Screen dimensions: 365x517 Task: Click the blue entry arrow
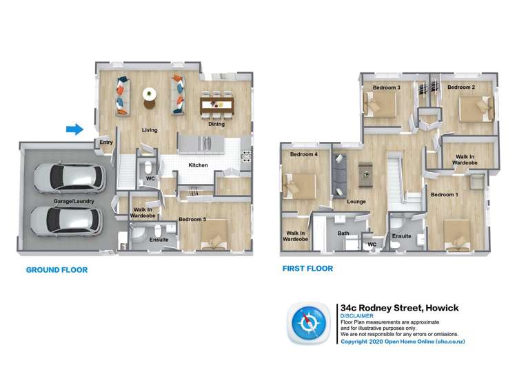(74, 128)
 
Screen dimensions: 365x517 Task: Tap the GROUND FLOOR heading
(57, 270)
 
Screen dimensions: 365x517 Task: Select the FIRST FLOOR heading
(307, 269)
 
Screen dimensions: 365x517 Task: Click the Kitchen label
(199, 165)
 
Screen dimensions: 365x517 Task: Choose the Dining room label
(217, 125)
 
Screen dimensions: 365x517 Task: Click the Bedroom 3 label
(386, 88)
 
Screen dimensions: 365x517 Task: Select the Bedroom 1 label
(445, 195)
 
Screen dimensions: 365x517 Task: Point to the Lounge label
(356, 202)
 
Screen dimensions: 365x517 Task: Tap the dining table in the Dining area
(217, 105)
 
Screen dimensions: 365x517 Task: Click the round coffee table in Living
(150, 95)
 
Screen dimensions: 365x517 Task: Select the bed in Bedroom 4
(298, 185)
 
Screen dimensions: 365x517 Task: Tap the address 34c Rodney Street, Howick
(399, 308)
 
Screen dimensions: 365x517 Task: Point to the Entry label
(106, 143)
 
